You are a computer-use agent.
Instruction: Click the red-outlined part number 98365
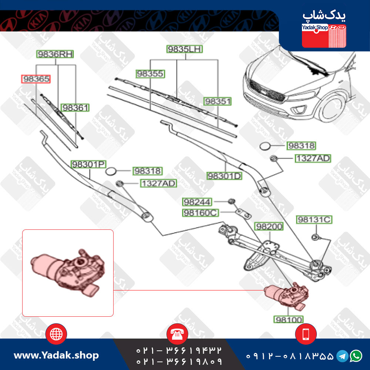(x=36, y=79)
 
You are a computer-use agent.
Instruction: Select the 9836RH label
(x=55, y=54)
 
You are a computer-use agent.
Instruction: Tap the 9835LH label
(x=185, y=49)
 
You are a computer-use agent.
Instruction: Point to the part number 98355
(x=150, y=74)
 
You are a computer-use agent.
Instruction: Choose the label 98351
(x=218, y=101)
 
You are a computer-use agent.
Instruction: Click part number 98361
(x=75, y=108)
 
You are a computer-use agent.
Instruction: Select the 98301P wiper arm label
(x=88, y=164)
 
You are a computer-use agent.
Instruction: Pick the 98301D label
(x=225, y=176)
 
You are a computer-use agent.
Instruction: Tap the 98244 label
(x=197, y=202)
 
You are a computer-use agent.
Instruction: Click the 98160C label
(x=201, y=213)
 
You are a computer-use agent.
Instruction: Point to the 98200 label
(x=269, y=226)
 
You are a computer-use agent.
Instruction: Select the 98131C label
(x=314, y=219)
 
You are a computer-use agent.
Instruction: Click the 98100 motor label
(x=289, y=320)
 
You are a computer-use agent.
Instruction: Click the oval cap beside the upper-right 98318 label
(x=265, y=146)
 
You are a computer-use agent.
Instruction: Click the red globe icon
(x=56, y=334)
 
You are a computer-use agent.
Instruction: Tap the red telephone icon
(x=177, y=334)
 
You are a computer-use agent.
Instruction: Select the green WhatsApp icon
(x=356, y=356)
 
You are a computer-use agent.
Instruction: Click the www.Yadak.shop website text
(x=56, y=355)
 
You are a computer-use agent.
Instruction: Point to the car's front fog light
(x=299, y=110)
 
